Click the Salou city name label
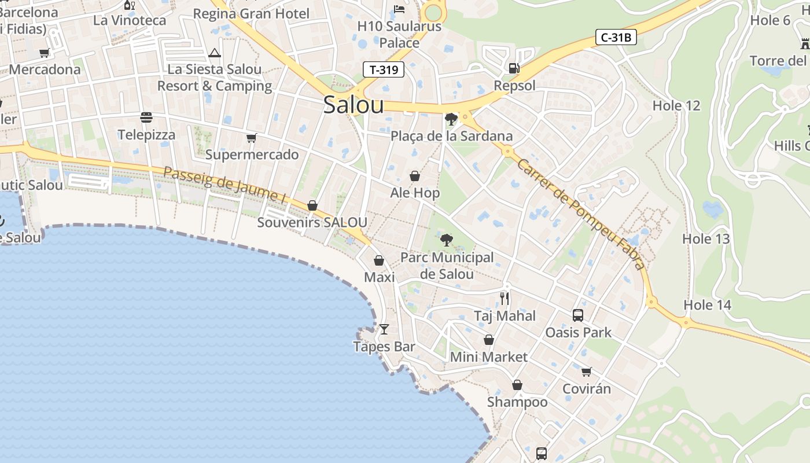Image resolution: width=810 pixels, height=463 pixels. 353,105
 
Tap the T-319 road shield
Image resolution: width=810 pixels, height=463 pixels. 384,69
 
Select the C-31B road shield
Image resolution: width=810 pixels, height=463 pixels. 616,38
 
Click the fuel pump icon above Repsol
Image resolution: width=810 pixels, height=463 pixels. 513,68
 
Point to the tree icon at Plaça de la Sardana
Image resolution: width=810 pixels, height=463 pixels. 451,119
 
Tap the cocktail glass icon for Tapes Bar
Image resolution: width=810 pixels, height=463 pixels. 384,329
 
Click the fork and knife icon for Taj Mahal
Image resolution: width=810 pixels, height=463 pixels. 505,299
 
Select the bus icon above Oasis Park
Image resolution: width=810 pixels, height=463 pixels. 577,315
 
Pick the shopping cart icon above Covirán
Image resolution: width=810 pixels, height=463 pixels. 586,372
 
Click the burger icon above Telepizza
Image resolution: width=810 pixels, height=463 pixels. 146,117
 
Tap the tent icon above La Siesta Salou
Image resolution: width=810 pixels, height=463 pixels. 215,53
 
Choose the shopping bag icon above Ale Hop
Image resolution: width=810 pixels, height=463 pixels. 415,176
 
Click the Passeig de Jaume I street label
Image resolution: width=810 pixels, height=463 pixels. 225,185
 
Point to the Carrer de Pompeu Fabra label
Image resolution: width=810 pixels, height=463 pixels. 580,215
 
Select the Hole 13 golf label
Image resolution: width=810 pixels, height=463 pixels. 706,238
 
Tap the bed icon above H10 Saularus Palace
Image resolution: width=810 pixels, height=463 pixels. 399,9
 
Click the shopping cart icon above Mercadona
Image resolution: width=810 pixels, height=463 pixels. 44,53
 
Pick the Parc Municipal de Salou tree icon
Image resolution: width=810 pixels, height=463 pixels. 446,240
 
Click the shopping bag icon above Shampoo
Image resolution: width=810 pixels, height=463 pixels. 517,385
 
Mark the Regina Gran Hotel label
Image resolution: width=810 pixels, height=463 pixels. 251,13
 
